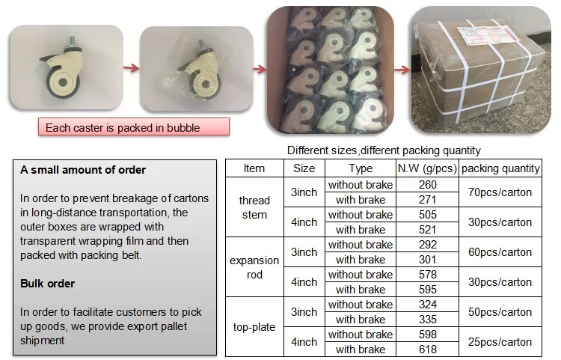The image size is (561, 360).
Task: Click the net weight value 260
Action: tap(428, 185)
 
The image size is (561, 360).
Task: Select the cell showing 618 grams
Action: tap(428, 350)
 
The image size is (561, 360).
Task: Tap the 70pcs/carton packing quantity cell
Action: tap(500, 192)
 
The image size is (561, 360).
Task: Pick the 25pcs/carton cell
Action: tap(500, 342)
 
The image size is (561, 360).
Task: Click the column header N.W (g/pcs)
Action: tap(428, 169)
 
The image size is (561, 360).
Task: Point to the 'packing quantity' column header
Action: tap(500, 169)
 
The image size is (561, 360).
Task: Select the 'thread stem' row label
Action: tap(254, 207)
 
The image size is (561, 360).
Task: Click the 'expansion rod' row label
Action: tap(254, 267)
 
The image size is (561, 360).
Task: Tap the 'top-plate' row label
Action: tap(254, 327)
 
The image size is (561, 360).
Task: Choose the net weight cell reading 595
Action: tap(428, 290)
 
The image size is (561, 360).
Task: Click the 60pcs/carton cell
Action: tap(500, 252)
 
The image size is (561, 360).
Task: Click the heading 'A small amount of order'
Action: tap(83, 170)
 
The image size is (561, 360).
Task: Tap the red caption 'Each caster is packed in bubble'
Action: tap(123, 128)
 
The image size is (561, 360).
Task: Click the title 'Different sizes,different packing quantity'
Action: tap(384, 150)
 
